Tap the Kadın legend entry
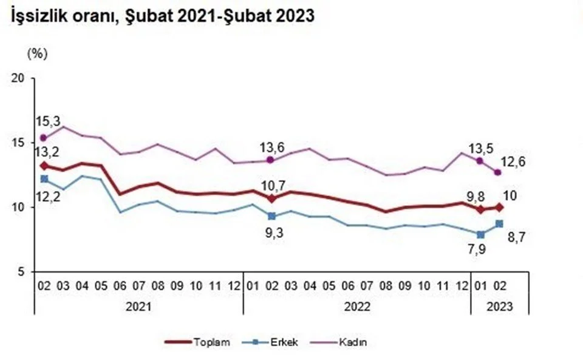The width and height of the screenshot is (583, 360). (356, 342)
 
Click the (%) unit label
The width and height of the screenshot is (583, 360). (36, 53)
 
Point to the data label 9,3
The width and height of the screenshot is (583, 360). (273, 231)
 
